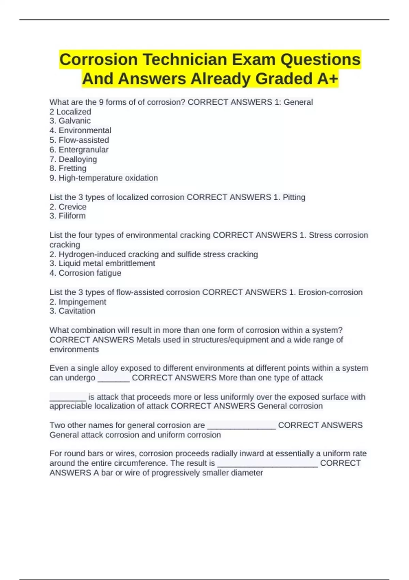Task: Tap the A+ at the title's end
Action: coord(327,78)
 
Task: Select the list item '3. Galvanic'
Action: coord(70,121)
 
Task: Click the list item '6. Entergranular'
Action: coord(79,149)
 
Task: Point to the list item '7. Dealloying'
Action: coord(73,159)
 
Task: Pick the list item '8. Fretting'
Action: coord(68,168)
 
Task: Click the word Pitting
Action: coord(294,197)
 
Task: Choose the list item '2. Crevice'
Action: coord(68,207)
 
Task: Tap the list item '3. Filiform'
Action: coord(67,216)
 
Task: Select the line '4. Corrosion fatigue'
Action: coord(86,273)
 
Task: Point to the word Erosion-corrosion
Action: coord(330,292)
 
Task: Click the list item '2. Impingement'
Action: coord(78,302)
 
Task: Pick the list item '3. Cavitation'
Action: coord(73,311)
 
